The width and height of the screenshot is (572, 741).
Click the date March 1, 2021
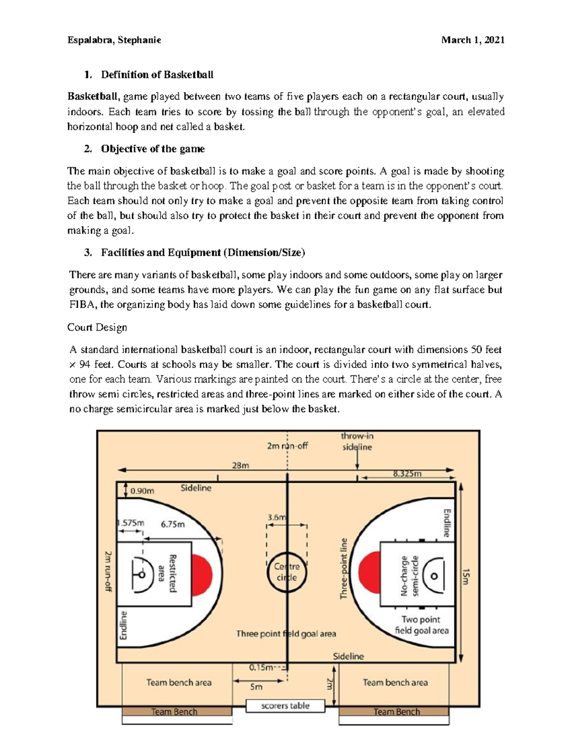pyautogui.click(x=472, y=40)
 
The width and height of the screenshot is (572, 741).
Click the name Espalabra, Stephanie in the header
pyautogui.click(x=114, y=40)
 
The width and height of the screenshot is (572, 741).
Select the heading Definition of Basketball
pyautogui.click(x=157, y=74)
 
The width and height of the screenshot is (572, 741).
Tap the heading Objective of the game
pyautogui.click(x=153, y=149)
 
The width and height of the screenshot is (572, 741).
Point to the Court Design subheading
pyautogui.click(x=97, y=327)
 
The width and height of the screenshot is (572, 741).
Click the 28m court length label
pyautogui.click(x=240, y=465)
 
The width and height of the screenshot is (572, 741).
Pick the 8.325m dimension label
pyautogui.click(x=407, y=474)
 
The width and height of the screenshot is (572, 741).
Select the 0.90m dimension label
pyautogui.click(x=142, y=491)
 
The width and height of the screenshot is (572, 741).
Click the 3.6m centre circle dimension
pyautogui.click(x=276, y=517)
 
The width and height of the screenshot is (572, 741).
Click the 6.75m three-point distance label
pyautogui.click(x=173, y=524)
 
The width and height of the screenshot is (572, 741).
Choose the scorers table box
pyautogui.click(x=286, y=706)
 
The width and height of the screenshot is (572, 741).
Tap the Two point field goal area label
pyautogui.click(x=421, y=625)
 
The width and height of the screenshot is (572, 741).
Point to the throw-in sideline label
pyautogui.click(x=357, y=441)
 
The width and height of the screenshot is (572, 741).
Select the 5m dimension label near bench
pyautogui.click(x=256, y=687)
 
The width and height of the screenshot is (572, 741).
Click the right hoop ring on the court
pyautogui.click(x=434, y=576)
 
